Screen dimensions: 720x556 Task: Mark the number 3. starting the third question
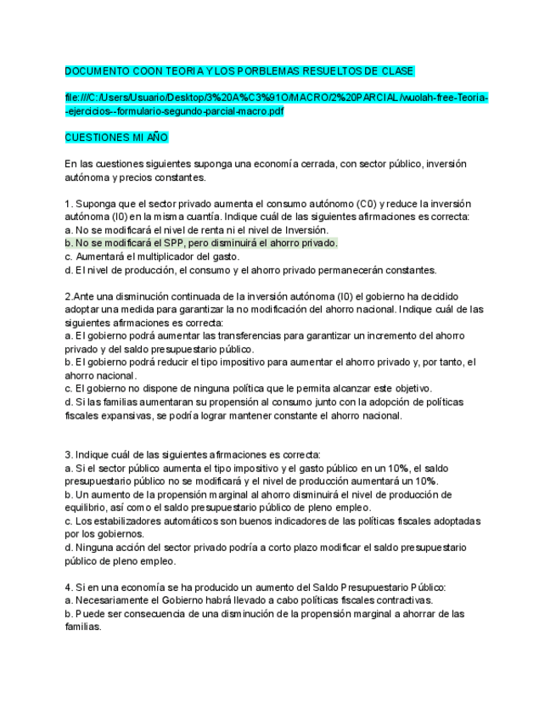(69, 455)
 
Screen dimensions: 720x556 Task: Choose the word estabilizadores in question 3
(131, 520)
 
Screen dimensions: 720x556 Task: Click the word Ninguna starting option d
(96, 548)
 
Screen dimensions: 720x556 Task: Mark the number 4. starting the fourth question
(69, 587)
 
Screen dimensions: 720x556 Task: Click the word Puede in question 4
(91, 613)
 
